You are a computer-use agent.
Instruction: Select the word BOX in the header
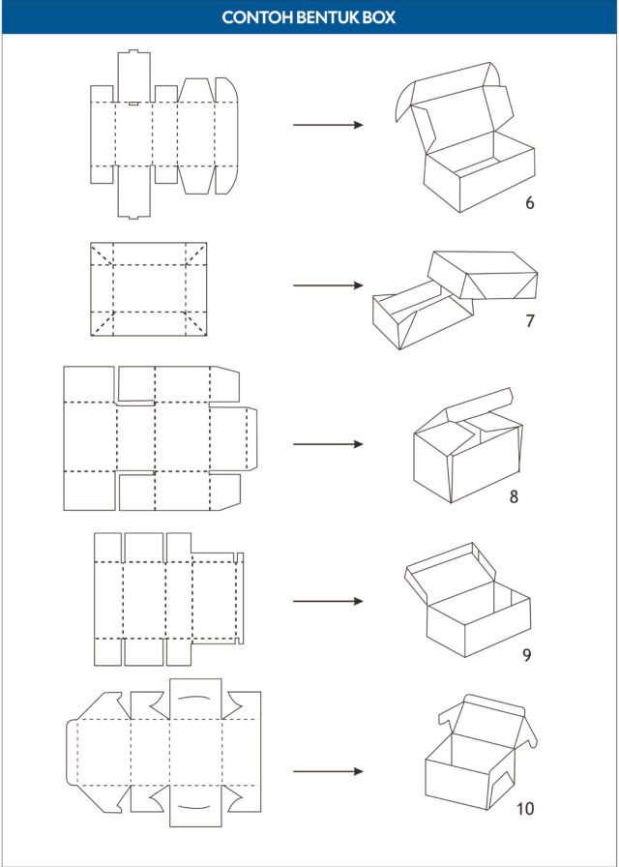point(378,17)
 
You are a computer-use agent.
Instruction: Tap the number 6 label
point(530,203)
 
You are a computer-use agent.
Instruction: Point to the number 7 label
point(531,320)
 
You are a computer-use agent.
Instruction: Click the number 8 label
point(514,496)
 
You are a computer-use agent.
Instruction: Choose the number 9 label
point(527,655)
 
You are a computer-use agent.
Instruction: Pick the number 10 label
point(525,809)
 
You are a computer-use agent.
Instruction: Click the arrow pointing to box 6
point(328,125)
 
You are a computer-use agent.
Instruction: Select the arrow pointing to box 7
point(328,285)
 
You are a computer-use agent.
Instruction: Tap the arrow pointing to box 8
point(328,444)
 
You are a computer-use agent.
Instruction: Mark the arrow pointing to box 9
point(328,601)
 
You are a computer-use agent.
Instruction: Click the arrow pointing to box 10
point(328,771)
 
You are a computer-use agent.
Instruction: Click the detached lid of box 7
point(483,276)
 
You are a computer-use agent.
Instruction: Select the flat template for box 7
point(149,289)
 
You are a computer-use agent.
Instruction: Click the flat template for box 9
point(168,599)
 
